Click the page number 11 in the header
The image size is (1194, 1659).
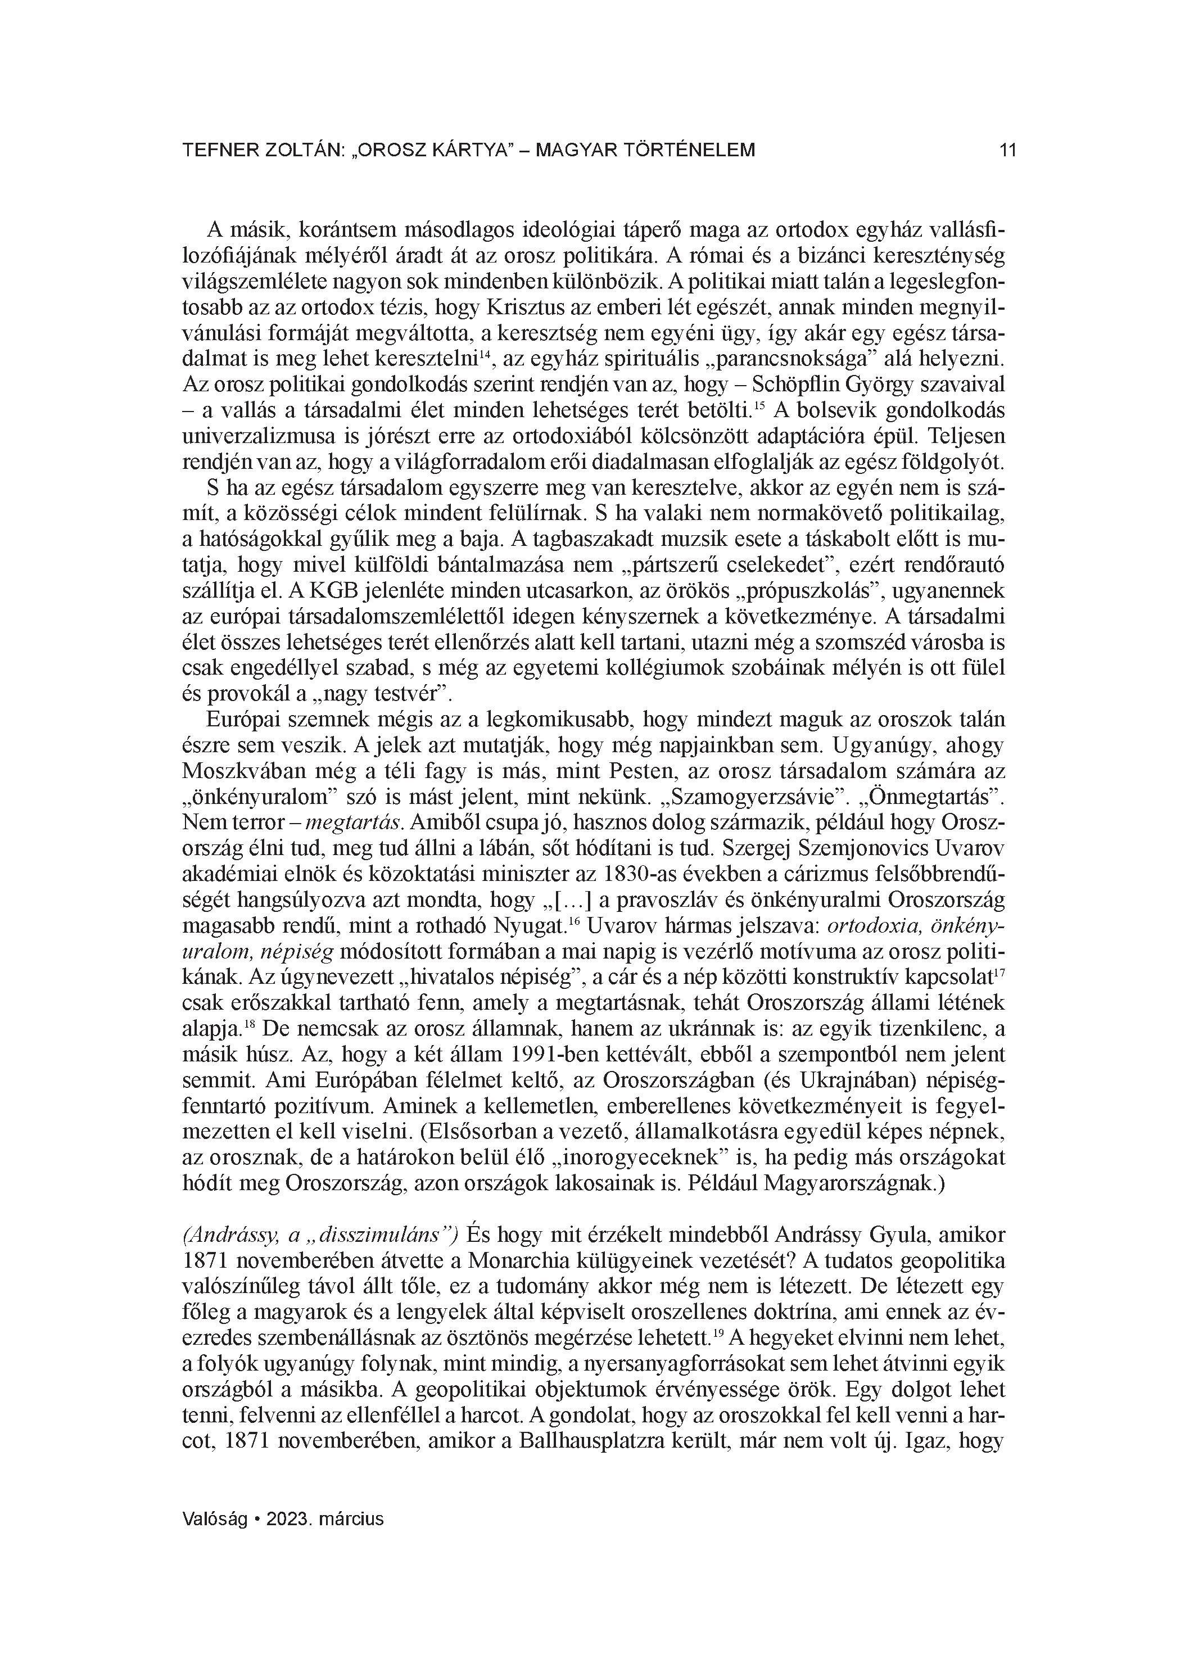point(1007,151)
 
